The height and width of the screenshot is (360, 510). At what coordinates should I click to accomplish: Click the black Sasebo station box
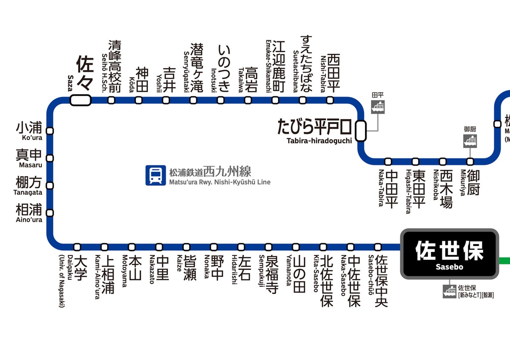[x=449, y=254]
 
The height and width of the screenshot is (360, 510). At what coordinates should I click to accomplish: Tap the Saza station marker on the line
[x=81, y=100]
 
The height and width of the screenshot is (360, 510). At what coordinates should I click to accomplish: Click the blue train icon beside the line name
[x=155, y=175]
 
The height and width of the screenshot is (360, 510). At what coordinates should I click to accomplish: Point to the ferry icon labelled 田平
[x=378, y=107]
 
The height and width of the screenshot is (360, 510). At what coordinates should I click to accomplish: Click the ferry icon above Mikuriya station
[x=470, y=141]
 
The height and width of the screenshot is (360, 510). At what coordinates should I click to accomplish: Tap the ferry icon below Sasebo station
[x=449, y=291]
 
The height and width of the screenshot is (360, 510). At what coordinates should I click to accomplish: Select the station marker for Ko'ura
[x=50, y=131]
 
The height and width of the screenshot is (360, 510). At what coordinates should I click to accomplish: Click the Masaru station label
[x=29, y=158]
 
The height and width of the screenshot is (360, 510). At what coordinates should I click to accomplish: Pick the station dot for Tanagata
[x=50, y=185]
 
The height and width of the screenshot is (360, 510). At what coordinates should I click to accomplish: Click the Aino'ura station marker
[x=50, y=213]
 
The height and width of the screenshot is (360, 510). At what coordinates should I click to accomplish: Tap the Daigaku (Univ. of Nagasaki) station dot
[x=77, y=247]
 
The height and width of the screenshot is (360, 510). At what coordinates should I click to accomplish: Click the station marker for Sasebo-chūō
[x=378, y=247]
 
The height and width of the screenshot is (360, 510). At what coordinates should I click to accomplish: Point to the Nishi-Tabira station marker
[x=330, y=100]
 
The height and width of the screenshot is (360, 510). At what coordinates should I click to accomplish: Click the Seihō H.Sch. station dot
[x=112, y=100]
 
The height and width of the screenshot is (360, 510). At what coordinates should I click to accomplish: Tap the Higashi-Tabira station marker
[x=415, y=161]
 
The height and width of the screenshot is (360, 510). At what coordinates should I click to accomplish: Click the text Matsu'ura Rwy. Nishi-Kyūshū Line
[x=220, y=182]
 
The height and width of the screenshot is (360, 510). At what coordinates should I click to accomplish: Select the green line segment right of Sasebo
[x=504, y=260]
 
